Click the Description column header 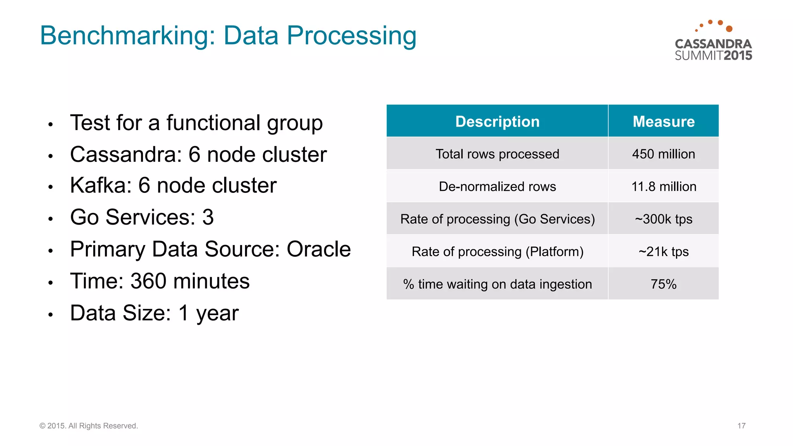[497, 122]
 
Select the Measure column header [663, 122]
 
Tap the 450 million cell [663, 154]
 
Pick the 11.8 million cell [663, 187]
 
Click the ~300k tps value [663, 219]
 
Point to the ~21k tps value [663, 252]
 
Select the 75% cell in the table [663, 284]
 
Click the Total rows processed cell [497, 154]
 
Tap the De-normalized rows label [497, 187]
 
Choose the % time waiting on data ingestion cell [497, 284]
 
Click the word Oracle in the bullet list [318, 249]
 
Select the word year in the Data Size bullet [217, 314]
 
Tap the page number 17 [741, 426]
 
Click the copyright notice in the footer [89, 426]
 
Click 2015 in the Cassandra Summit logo [738, 56]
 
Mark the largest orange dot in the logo [729, 29]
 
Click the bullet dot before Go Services [50, 219]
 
